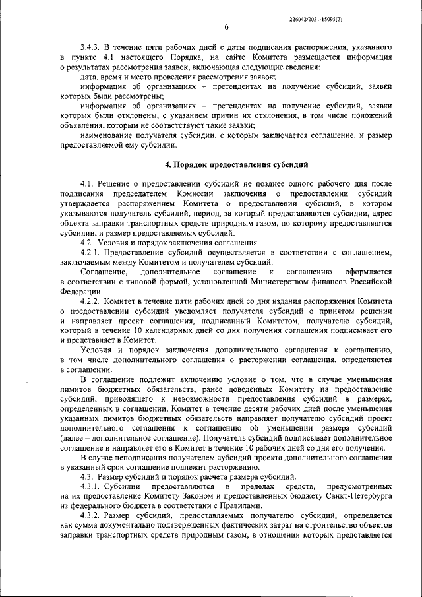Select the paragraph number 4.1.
click(x=89, y=182)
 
